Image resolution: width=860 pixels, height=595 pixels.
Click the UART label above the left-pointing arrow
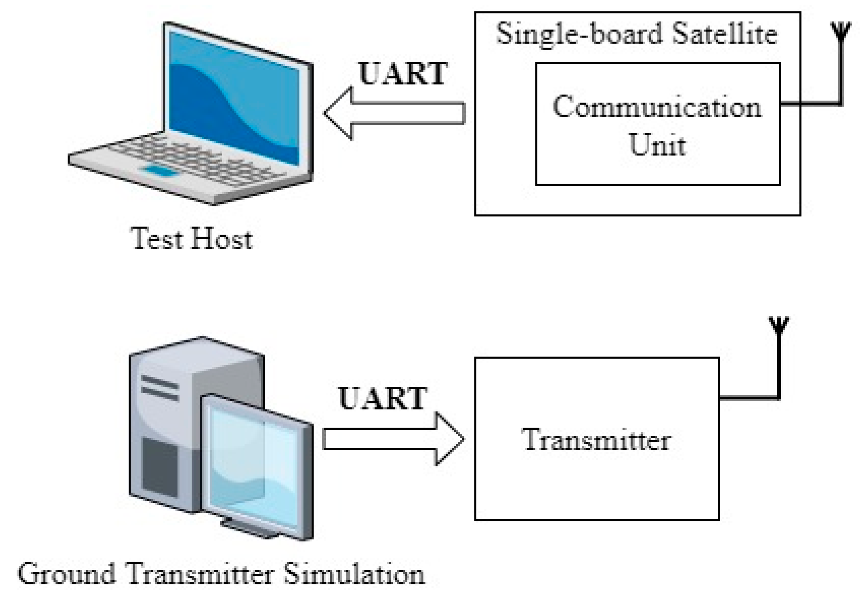(403, 74)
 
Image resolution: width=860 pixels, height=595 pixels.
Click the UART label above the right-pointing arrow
(383, 398)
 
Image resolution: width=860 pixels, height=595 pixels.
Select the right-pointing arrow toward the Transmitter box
(393, 439)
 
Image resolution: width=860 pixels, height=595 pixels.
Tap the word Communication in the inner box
(657, 108)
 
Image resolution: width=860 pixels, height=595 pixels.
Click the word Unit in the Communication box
(657, 145)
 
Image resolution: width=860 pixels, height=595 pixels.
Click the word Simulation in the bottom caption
(353, 574)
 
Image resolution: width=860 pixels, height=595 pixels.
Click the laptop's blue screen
(234, 97)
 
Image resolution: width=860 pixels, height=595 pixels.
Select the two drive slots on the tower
(159, 388)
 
